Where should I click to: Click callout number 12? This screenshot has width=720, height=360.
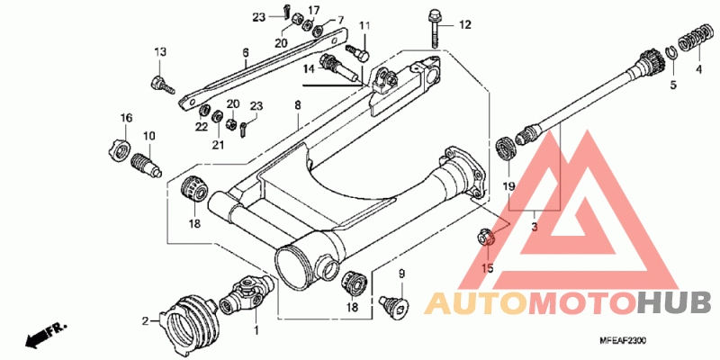[x=465, y=24]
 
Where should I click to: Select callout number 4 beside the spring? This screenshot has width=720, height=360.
[x=698, y=69]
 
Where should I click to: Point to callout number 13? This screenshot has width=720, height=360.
[x=159, y=50]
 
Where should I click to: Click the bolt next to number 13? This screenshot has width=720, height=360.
[x=160, y=85]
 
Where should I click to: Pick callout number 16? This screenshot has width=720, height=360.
[x=127, y=118]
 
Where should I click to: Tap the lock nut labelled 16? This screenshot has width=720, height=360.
[x=119, y=147]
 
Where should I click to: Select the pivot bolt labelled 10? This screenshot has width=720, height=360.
[x=146, y=165]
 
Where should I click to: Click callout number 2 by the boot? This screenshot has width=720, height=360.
[x=145, y=319]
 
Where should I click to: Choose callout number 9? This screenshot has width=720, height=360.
[x=402, y=274]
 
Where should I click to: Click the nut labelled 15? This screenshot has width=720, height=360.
[x=484, y=238]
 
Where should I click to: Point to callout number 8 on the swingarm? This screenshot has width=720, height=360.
[x=296, y=106]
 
